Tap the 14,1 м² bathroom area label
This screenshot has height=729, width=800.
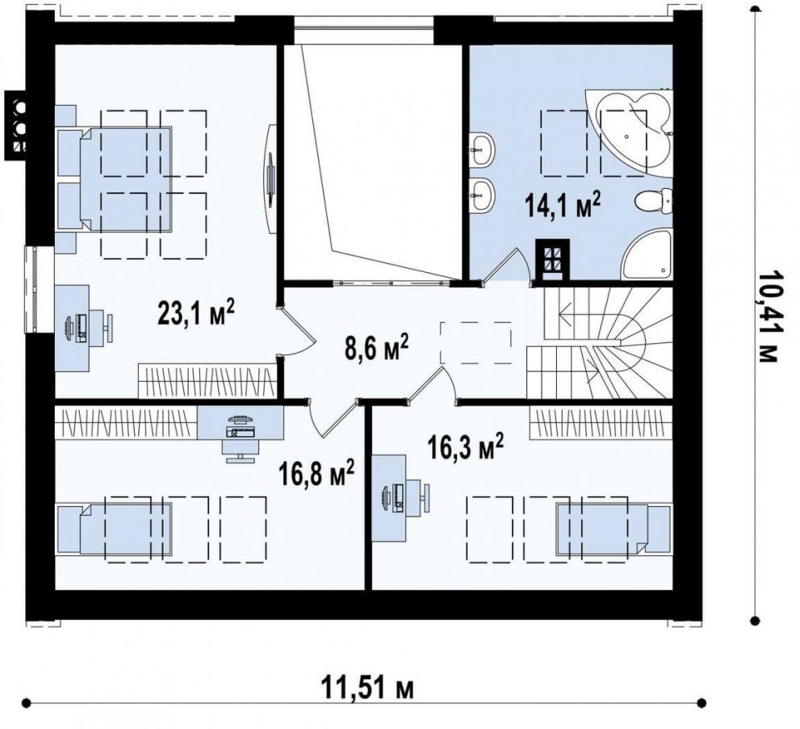click(562, 205)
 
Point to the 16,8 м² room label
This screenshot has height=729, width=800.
click(316, 472)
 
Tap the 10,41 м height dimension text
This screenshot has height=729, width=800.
click(767, 316)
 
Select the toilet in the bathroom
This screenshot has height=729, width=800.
click(655, 201)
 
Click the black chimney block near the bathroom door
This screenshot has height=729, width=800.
click(551, 260)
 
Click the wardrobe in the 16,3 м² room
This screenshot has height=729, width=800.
click(601, 423)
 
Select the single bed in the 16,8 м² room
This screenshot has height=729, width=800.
click(114, 529)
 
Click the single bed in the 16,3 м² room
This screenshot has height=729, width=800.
click(614, 530)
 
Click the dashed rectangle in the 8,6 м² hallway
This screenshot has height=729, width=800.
click(476, 343)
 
